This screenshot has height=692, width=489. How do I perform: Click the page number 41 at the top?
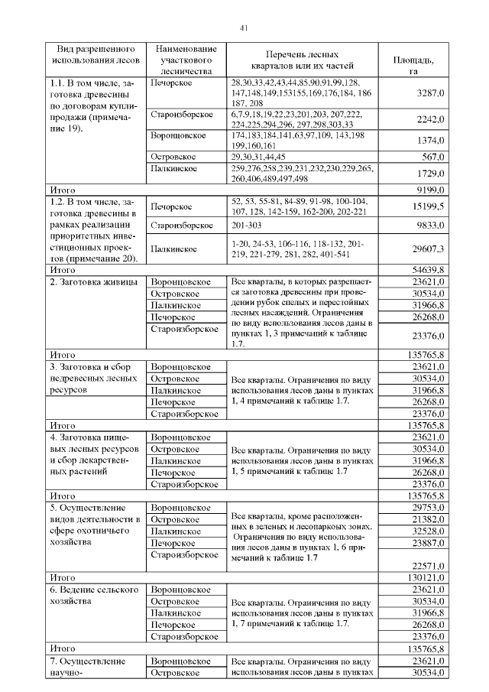[x=244, y=28]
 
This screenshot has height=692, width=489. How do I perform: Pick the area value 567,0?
[x=432, y=156]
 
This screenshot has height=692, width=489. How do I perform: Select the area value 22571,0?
[x=427, y=565]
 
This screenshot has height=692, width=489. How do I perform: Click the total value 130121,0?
[x=425, y=577]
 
